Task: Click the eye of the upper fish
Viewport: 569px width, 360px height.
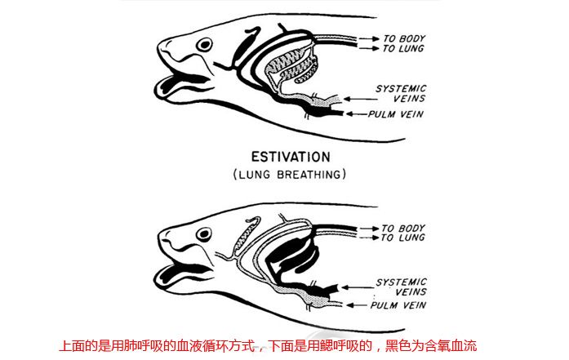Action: pyautogui.click(x=204, y=45)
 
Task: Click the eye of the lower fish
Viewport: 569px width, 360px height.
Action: pyautogui.click(x=204, y=234)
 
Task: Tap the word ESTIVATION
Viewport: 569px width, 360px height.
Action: pyautogui.click(x=291, y=157)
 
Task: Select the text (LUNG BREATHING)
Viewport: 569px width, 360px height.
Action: pyautogui.click(x=289, y=175)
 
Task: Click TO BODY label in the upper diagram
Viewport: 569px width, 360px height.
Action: pyautogui.click(x=404, y=38)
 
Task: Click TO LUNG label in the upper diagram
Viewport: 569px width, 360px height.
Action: pyautogui.click(x=402, y=48)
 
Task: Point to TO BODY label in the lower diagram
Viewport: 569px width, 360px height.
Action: pyautogui.click(x=402, y=229)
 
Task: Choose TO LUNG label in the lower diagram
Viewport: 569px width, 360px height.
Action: pyautogui.click(x=402, y=238)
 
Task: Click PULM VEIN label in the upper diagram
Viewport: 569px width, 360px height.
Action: pyautogui.click(x=396, y=114)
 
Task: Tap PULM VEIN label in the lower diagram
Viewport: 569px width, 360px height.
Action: pyautogui.click(x=398, y=305)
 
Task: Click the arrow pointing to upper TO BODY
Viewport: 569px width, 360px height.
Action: pyautogui.click(x=369, y=38)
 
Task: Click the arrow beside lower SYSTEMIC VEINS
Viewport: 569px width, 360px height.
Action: pyautogui.click(x=358, y=287)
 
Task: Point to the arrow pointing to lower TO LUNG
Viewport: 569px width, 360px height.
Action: pyautogui.click(x=369, y=238)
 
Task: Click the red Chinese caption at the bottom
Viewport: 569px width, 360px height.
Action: pyautogui.click(x=268, y=346)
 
